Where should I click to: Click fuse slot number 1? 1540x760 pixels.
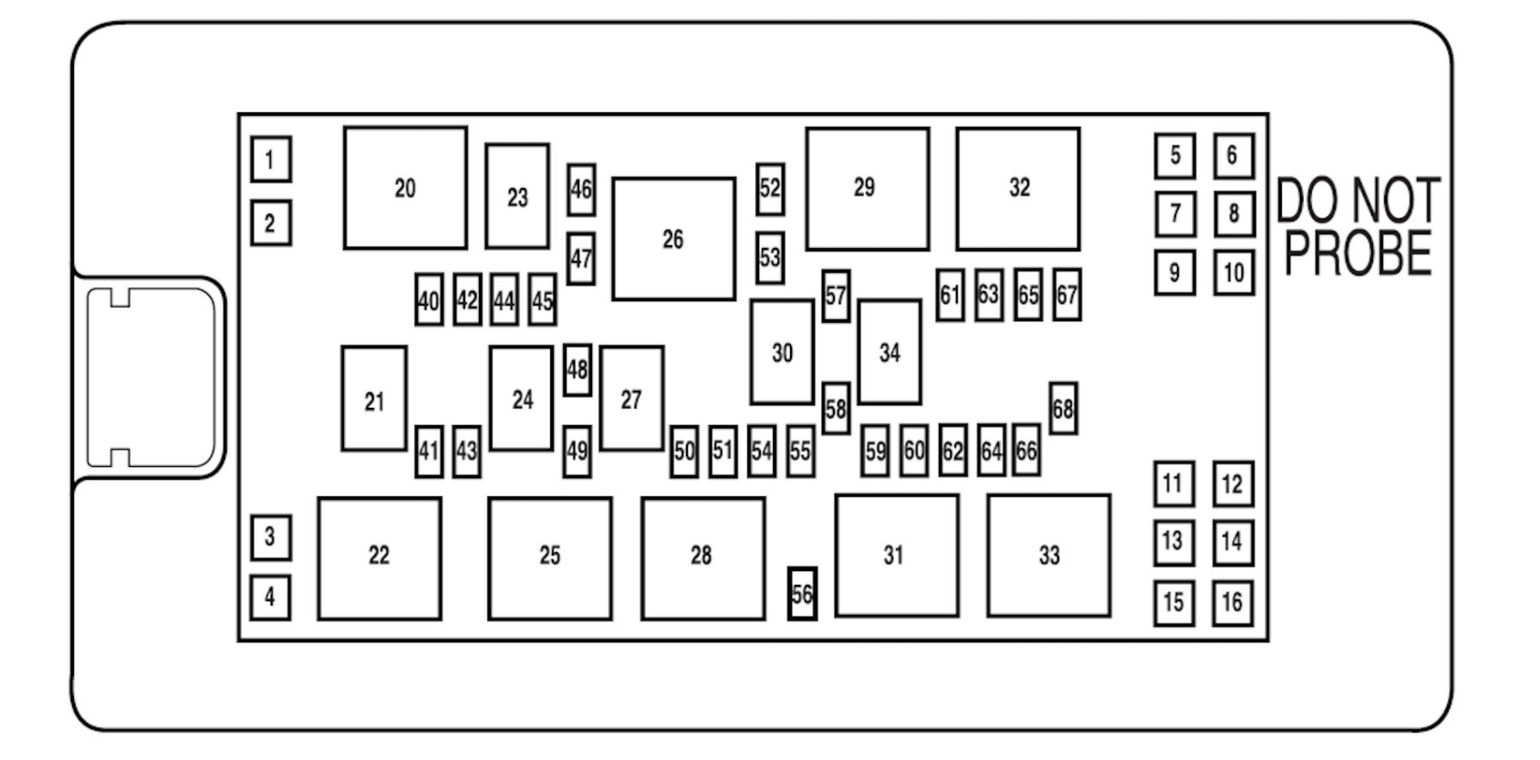270,160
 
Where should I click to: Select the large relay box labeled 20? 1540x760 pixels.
405,188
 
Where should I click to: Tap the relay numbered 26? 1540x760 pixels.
673,239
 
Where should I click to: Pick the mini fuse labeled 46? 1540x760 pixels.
581,189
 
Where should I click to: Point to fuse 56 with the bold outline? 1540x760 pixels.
802,594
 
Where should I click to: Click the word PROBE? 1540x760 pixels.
1358,253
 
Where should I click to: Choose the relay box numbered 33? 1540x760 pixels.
1048,555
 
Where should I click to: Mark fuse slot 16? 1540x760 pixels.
1232,602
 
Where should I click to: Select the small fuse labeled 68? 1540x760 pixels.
1063,409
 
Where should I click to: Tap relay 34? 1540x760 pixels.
890,352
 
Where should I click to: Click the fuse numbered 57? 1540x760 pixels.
836,296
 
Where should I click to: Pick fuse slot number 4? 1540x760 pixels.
270,598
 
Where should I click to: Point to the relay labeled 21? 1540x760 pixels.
374,400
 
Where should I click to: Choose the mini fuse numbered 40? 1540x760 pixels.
429,300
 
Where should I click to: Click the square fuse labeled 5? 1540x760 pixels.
1174,156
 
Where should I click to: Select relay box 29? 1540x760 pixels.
867,188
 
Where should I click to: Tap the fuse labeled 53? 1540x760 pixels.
770,257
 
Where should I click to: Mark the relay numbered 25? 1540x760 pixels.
549,557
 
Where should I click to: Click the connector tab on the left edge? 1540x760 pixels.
151,377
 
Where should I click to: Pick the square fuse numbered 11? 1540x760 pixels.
1173,484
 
